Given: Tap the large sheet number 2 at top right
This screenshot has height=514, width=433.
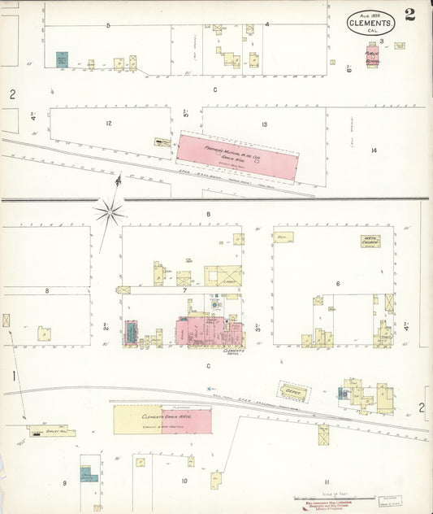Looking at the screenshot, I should point(410,15).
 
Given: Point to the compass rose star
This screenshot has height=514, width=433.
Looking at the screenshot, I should point(109,212).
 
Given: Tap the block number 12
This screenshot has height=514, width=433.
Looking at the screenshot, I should point(108,124).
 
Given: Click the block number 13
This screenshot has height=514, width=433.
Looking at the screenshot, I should point(264,124).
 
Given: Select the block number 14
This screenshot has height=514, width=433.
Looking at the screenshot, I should point(374,150).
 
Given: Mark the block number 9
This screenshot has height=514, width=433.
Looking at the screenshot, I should point(64,484).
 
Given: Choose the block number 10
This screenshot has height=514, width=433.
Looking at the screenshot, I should point(184,481).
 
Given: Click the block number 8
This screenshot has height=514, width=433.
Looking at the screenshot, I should point(47,290).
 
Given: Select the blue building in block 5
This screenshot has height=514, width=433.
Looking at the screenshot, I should point(62,59).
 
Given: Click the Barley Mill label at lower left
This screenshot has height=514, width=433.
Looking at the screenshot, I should point(42,428).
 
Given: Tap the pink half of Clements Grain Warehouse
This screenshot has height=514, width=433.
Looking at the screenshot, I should point(186,419).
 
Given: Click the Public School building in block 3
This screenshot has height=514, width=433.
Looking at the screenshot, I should point(372,59).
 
